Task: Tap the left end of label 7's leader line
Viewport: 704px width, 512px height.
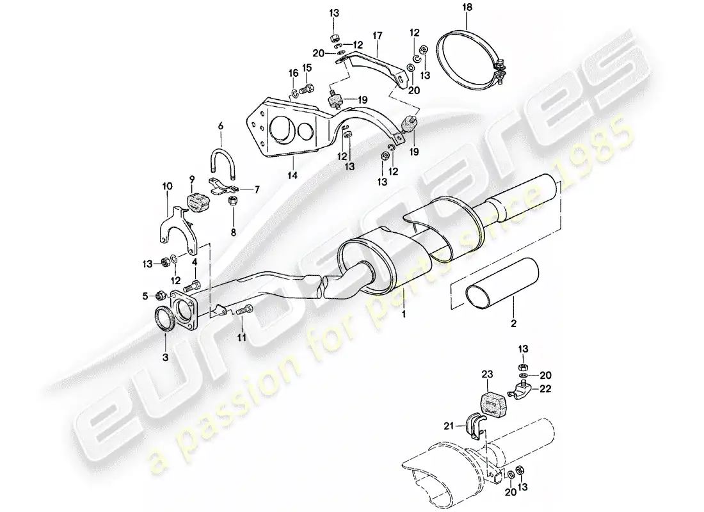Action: tap(238, 189)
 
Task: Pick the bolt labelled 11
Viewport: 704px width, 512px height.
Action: tap(244, 310)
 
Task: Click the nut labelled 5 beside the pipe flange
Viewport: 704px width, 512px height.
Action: tap(161, 296)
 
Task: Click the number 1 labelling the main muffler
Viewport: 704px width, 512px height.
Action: tap(404, 314)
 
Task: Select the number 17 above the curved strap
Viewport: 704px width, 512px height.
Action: tap(377, 35)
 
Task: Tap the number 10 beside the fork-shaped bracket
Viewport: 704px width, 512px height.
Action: tap(167, 186)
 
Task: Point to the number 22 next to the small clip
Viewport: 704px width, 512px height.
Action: tap(545, 389)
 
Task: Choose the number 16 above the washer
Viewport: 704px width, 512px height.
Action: tap(292, 73)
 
